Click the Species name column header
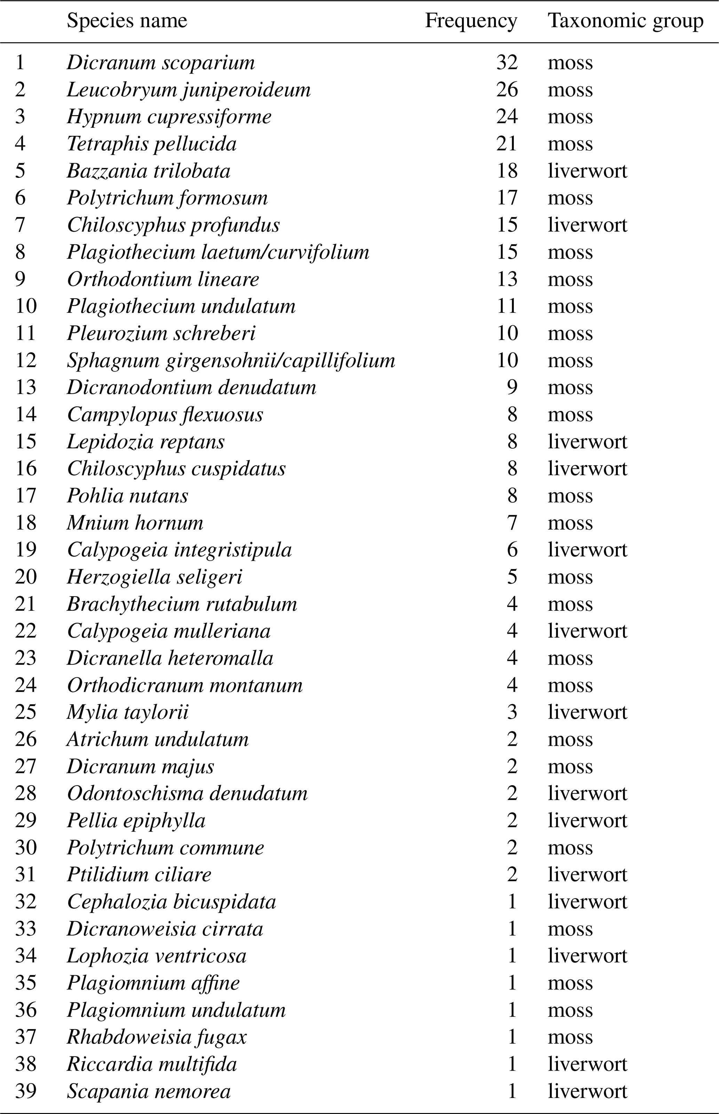pos(127,21)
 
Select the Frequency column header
pos(471,21)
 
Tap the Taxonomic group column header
pos(625,21)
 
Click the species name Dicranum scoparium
pos(161,63)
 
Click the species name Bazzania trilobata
pos(149,171)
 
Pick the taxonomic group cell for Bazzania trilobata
pos(587,171)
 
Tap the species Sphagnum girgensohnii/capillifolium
pos(231,361)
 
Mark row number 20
pos(26,577)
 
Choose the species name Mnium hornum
pos(135,523)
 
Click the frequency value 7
pos(512,523)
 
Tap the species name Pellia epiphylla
pos(136,821)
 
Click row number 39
pos(26,1091)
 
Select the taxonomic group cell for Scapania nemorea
pos(587,1091)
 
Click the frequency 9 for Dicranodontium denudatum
pos(512,388)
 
